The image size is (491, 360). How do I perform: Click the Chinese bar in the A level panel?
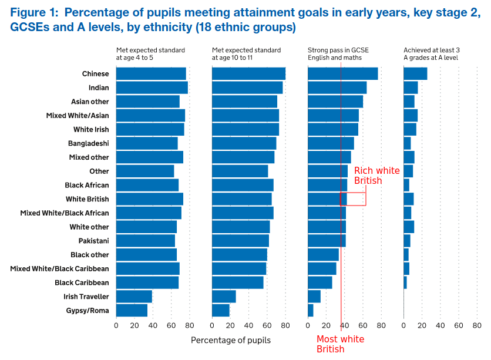415,73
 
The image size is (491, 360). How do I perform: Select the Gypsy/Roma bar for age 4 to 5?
132,311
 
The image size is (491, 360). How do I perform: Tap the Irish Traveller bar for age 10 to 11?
224,297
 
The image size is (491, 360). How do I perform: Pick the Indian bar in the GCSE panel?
337,88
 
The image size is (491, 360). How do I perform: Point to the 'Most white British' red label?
340,344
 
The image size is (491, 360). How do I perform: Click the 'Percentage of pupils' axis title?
231,339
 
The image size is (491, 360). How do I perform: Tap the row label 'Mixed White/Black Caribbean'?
59,268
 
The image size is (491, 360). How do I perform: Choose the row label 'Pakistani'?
93,241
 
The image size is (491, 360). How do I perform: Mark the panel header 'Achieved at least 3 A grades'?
431,54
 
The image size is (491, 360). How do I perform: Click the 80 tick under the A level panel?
477,325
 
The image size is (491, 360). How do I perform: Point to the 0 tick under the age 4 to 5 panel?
116,325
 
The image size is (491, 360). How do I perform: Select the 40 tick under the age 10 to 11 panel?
248,325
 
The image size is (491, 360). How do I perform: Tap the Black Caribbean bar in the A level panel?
405,282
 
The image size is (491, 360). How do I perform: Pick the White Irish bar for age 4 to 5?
150,129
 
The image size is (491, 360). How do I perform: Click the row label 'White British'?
87,199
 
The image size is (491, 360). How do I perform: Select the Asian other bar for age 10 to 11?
244,102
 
